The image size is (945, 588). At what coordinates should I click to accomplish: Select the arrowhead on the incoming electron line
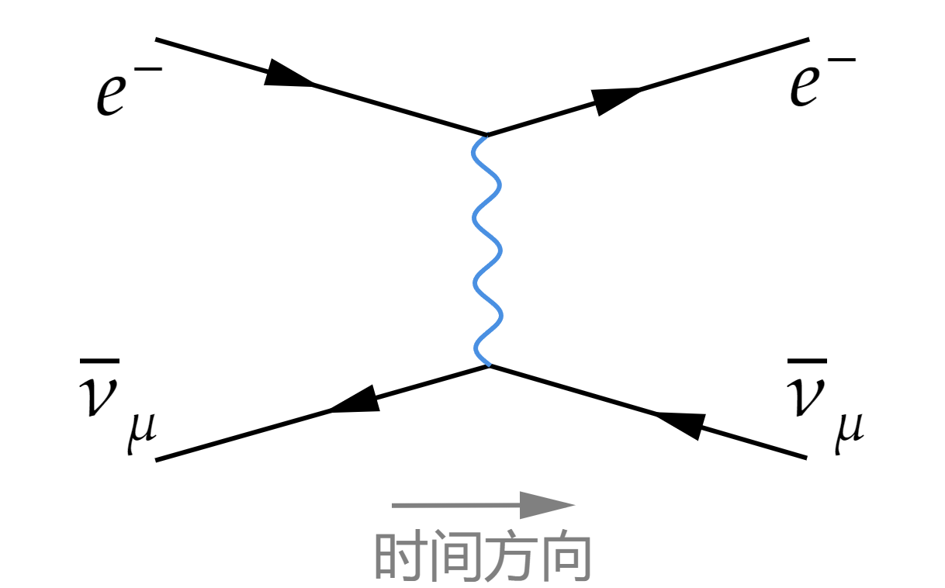click(x=289, y=74)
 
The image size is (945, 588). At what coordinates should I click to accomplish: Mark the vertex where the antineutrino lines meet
click(x=488, y=365)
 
